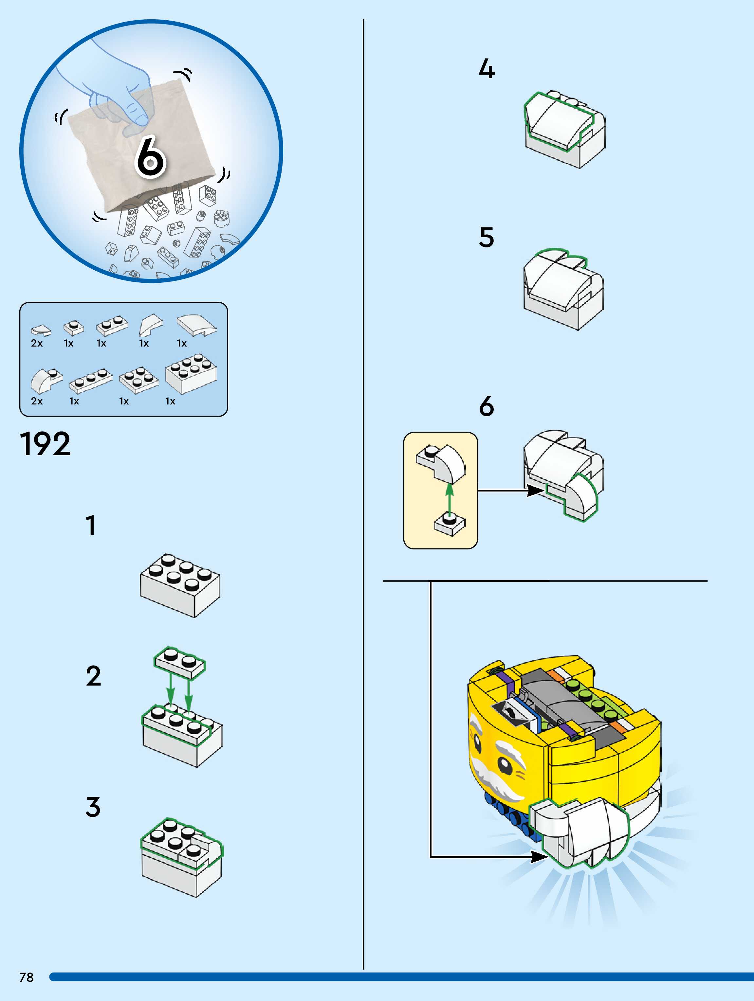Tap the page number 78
[x=26, y=977]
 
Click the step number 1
[x=91, y=526]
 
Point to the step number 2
[x=93, y=676]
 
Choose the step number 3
[x=93, y=807]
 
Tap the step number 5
[x=487, y=238]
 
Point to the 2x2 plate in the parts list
[x=139, y=379]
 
